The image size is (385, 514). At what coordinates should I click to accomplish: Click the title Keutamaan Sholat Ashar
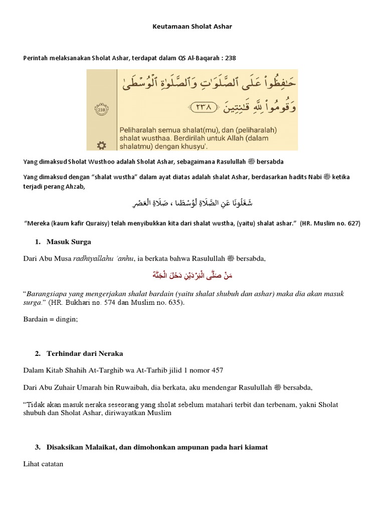pos(192,27)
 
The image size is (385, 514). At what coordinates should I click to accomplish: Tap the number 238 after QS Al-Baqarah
pos(230,58)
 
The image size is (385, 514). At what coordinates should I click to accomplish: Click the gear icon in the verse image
pos(101,145)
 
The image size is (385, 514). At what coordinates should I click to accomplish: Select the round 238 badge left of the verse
pos(101,110)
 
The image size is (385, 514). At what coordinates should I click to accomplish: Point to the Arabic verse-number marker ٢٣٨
pos(203,106)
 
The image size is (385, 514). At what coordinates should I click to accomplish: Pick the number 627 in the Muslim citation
pos(352,223)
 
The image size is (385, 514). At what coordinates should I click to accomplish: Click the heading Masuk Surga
pos(69,241)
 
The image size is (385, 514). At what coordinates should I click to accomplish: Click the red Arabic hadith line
pos(192,276)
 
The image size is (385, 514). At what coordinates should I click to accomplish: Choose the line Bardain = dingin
pos(51,319)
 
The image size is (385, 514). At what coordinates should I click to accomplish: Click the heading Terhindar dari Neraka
pos(85,354)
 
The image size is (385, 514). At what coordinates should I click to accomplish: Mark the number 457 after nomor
pos(216,370)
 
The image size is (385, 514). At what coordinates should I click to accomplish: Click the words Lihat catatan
pos(43,464)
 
